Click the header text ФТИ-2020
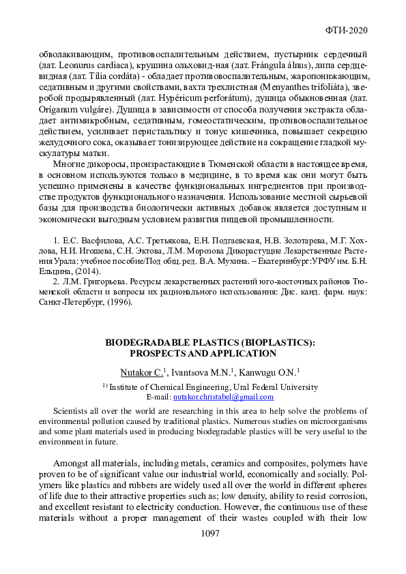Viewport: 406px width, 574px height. [348, 31]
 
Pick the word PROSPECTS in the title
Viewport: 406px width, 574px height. [155, 353]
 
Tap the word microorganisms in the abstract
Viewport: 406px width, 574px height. [339, 421]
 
